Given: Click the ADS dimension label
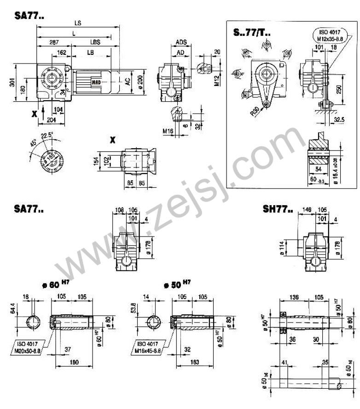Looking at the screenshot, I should point(181,43).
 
